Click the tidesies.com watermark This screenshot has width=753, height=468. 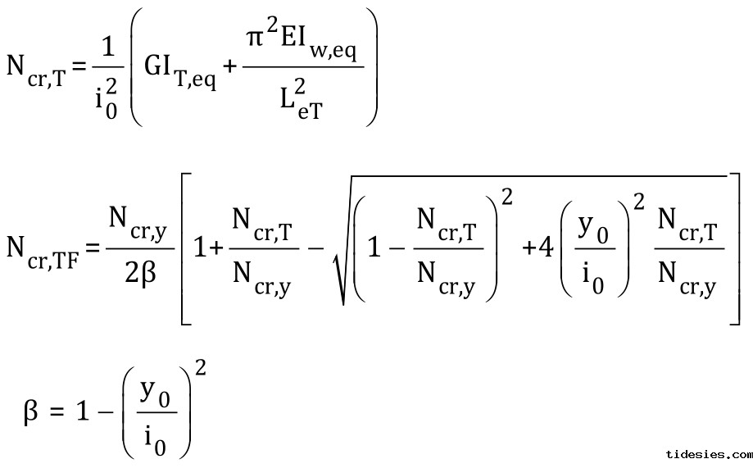click(709, 453)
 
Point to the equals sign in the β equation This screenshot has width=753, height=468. click(57, 411)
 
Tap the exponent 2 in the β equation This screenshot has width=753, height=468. click(201, 368)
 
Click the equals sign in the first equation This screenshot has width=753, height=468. click(79, 67)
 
